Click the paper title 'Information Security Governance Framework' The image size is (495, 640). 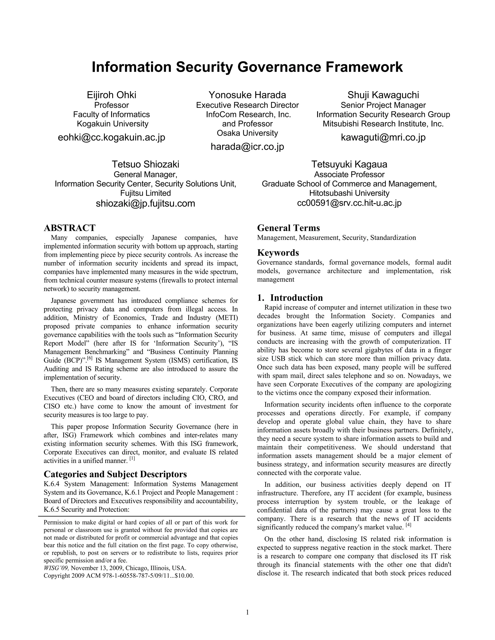[x=247, y=67]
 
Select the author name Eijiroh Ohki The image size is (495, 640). [x=111, y=95]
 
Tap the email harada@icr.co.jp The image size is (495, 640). [x=247, y=147]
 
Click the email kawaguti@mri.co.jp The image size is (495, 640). [x=383, y=137]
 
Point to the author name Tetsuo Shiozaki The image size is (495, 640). [x=146, y=164]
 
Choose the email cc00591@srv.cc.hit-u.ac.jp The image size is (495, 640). [x=349, y=203]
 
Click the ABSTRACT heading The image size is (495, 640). [x=70, y=228]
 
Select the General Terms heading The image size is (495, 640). [x=288, y=228]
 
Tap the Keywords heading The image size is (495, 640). [x=278, y=252]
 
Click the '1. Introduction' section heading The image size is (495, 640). [x=290, y=298]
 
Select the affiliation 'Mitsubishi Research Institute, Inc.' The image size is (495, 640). [x=383, y=124]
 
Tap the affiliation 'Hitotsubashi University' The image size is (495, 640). [x=349, y=193]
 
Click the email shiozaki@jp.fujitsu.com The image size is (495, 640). [x=146, y=203]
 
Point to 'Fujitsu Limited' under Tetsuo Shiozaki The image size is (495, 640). [x=146, y=193]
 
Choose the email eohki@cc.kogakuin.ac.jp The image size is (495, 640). [x=111, y=137]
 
